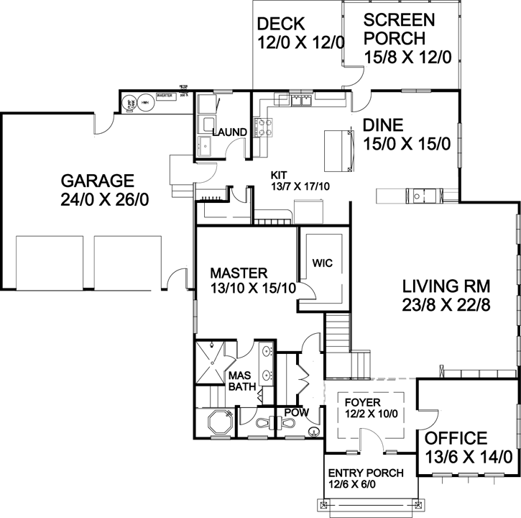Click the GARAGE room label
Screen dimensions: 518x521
click(x=97, y=180)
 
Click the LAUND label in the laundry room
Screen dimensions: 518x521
click(x=229, y=132)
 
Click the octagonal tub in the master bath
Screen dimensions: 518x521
click(x=217, y=422)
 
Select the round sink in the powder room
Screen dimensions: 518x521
click(x=314, y=432)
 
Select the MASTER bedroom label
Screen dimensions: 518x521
click(x=239, y=273)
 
